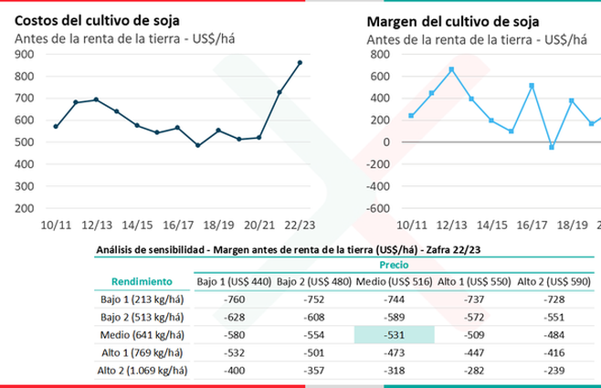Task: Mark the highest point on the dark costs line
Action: pos(300,62)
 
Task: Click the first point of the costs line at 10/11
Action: pos(56,127)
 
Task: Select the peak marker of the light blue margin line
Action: pos(451,69)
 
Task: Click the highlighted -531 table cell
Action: pos(394,336)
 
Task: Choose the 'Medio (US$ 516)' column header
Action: pos(394,281)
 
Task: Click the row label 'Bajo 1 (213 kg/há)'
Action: pos(141,299)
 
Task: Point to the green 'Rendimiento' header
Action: pos(142,281)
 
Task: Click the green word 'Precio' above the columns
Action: pos(394,265)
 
